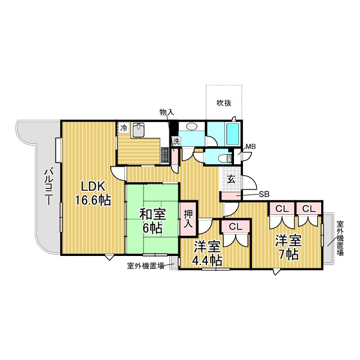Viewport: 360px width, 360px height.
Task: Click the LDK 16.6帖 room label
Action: click(x=93, y=193)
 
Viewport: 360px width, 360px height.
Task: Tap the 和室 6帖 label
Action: click(x=152, y=221)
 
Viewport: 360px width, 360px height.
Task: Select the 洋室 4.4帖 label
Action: click(x=208, y=253)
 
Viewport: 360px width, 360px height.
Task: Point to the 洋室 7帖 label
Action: click(x=289, y=247)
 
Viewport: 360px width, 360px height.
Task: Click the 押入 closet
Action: click(x=188, y=219)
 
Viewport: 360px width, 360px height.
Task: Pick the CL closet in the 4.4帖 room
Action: click(x=236, y=227)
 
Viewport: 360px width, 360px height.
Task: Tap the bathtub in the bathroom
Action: click(x=233, y=134)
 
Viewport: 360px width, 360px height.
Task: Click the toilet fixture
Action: click(x=225, y=159)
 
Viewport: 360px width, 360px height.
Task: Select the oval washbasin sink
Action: click(x=192, y=126)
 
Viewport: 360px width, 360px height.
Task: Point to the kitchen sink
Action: click(x=138, y=129)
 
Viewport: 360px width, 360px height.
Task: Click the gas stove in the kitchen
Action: click(x=165, y=155)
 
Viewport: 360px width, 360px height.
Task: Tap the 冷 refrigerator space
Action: click(x=124, y=128)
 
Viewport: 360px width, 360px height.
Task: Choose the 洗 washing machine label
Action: click(x=176, y=141)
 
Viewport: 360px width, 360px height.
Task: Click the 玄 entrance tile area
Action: click(x=231, y=179)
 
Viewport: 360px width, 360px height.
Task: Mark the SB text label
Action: click(x=264, y=194)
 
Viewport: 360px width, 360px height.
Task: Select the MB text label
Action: click(x=251, y=146)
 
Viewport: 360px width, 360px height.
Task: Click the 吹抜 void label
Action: click(x=224, y=103)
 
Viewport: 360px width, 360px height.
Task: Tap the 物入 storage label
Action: click(x=167, y=112)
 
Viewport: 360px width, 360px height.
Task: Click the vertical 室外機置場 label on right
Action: click(x=340, y=238)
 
